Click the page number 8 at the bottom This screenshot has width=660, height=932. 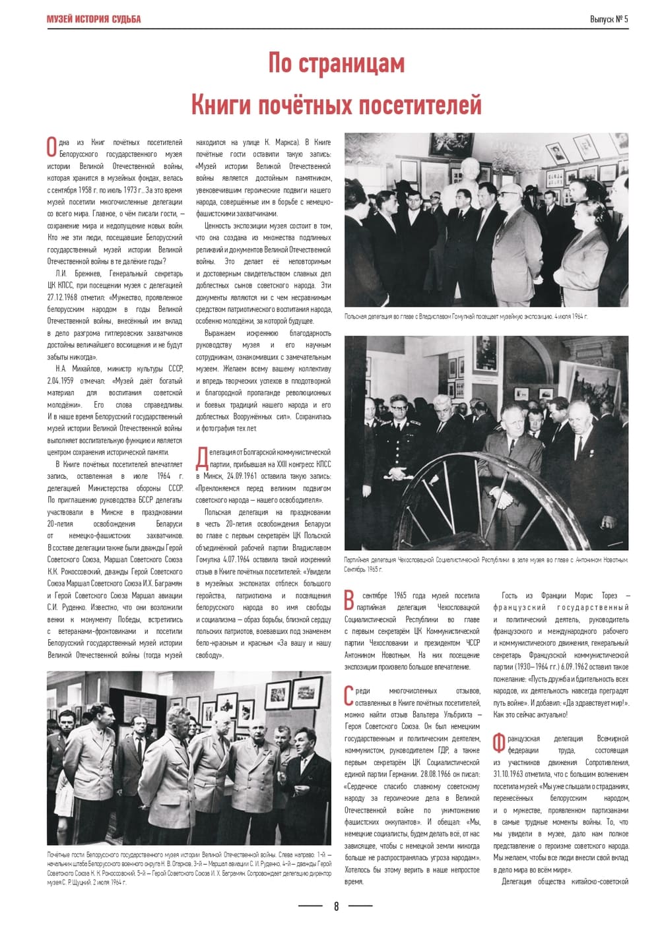(336, 906)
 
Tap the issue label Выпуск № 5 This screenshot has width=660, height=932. (609, 19)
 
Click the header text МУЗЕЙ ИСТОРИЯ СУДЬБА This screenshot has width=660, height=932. (94, 18)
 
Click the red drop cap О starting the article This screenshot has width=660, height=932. (52, 147)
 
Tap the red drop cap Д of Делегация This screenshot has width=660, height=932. (202, 458)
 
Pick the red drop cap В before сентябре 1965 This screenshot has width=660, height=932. (349, 600)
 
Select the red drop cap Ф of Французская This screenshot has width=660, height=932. (499, 743)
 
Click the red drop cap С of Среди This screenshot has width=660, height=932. (349, 695)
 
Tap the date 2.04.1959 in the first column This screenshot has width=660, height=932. (61, 381)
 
